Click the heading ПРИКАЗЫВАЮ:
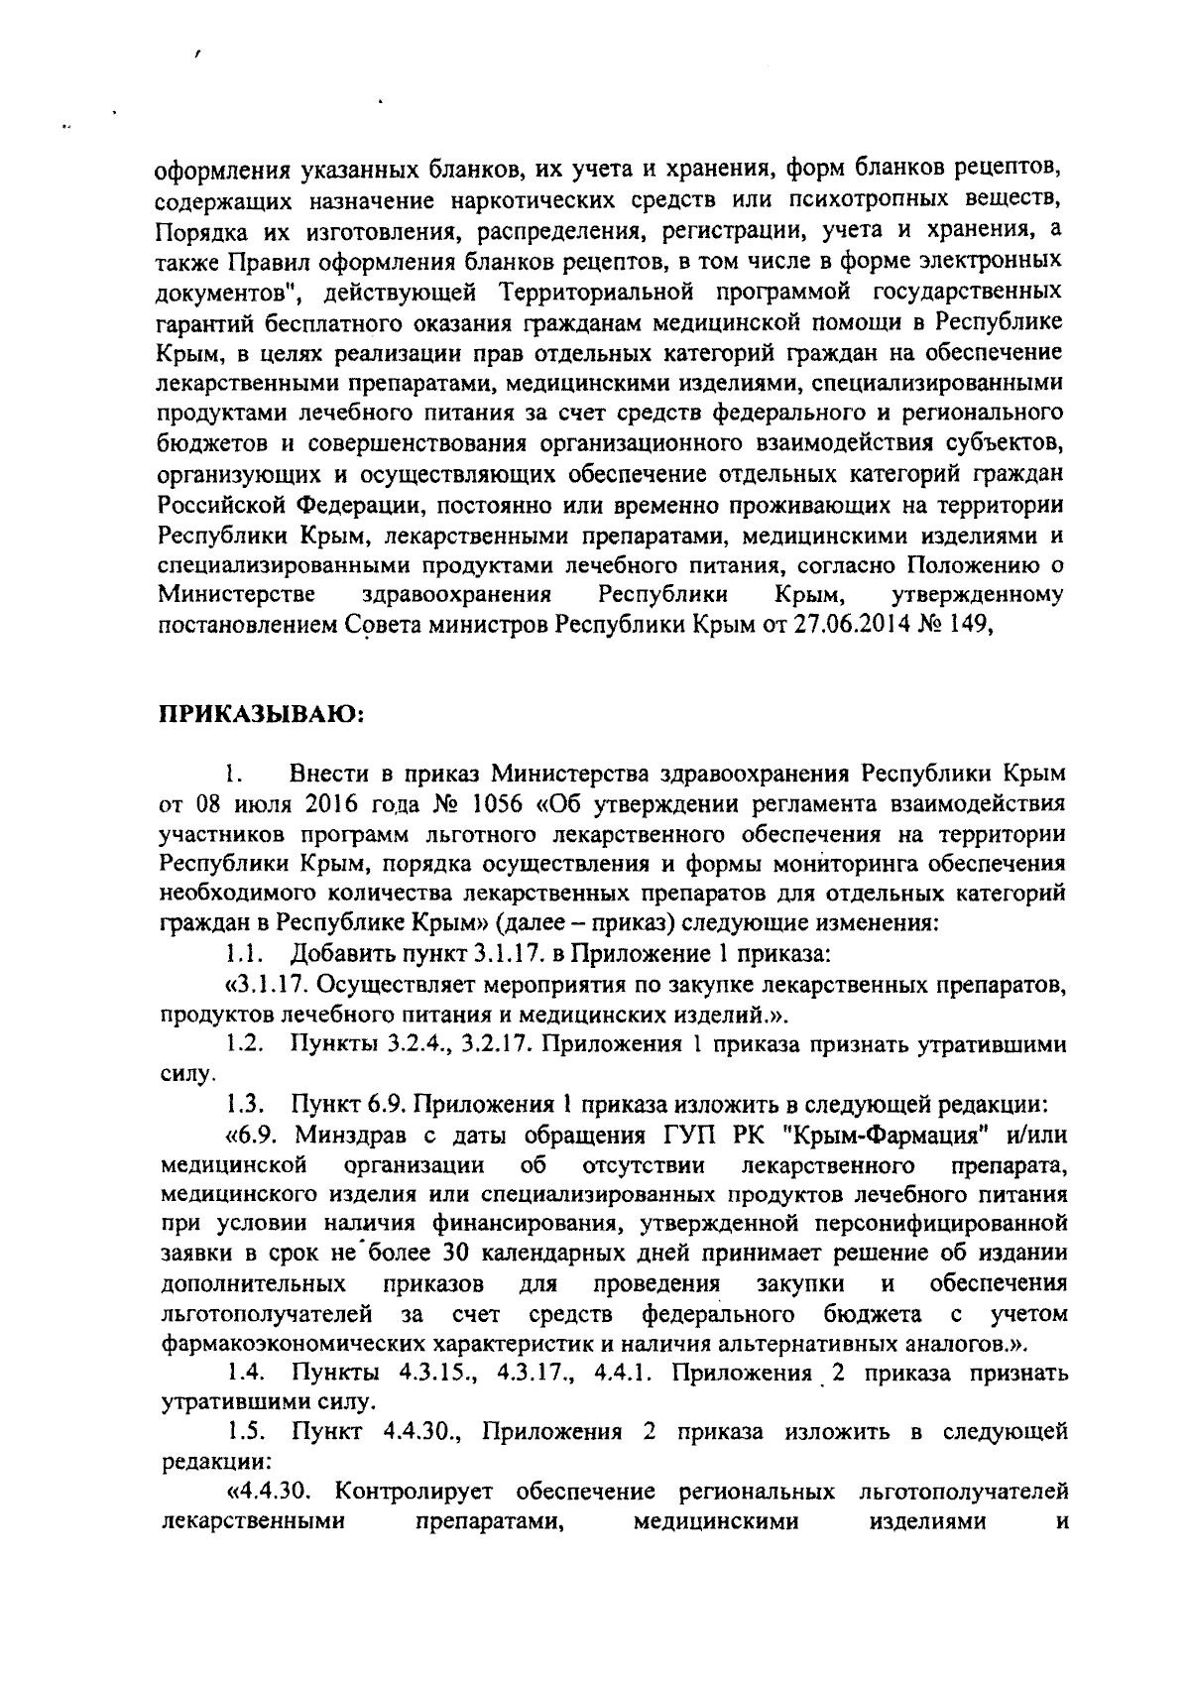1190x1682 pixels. (x=261, y=714)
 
